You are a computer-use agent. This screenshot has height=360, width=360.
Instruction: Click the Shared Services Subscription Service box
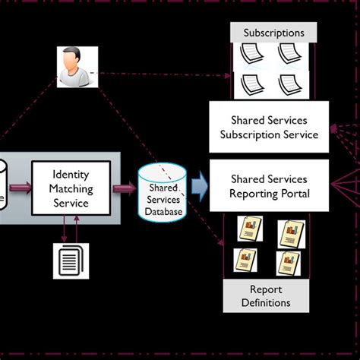269,128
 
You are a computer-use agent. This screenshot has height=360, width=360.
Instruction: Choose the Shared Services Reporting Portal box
269,186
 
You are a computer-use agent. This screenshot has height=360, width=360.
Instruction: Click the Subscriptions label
273,33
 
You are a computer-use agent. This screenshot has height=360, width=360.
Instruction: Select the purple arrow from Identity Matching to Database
122,188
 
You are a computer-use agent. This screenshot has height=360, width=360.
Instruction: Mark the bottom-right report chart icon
289,262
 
